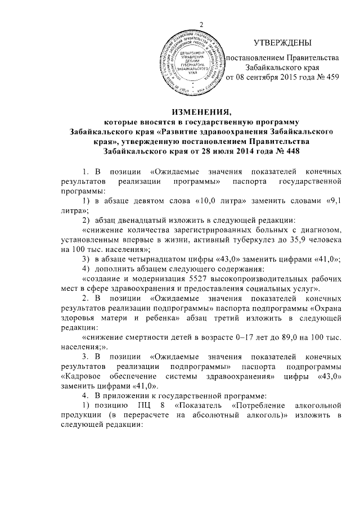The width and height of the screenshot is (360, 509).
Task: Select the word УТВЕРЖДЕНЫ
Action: tap(282, 43)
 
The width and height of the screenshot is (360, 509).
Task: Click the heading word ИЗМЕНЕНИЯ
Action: tap(200, 110)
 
